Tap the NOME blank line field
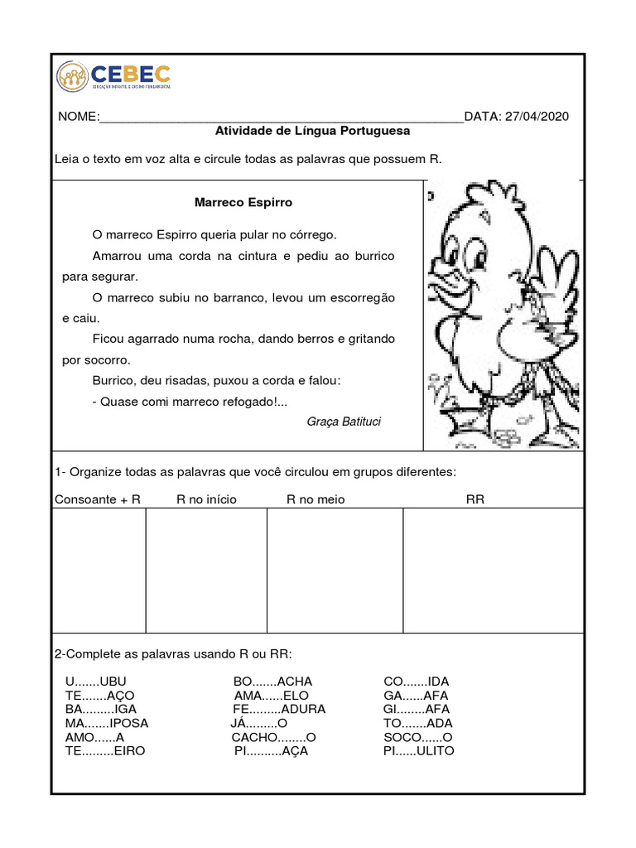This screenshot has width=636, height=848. point(281,118)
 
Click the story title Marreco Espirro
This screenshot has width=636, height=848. point(243,202)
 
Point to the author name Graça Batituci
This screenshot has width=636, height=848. point(344,422)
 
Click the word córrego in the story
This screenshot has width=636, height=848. point(313,234)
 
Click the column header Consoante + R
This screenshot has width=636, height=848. point(98,499)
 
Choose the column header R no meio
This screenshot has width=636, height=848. point(316,499)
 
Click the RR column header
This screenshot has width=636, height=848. point(475,499)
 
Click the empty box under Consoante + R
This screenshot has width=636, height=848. point(99,571)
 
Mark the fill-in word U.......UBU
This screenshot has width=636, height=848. point(95,682)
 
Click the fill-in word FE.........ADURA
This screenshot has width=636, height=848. point(279,709)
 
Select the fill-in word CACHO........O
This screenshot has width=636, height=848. point(274,737)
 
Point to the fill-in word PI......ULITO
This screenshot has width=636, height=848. point(418,751)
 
